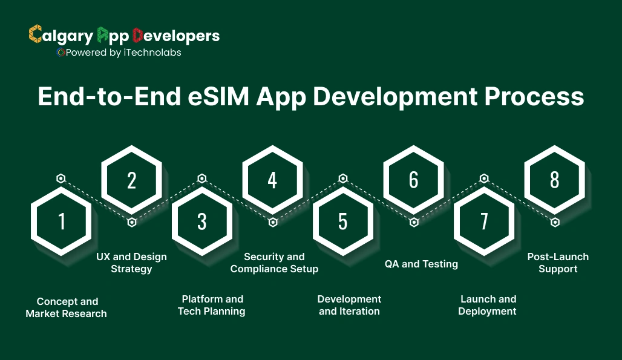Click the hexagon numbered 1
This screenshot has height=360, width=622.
[61, 221]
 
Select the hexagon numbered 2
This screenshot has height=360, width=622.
[131, 180]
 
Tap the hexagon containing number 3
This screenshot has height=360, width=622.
[202, 221]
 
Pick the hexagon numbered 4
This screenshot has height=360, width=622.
[272, 180]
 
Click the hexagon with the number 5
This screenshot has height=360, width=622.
[343, 221]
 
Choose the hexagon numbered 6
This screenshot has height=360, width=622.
[413, 180]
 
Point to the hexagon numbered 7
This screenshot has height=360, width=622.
[484, 221]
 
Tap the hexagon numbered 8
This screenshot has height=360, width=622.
[554, 180]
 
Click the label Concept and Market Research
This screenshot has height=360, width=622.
[67, 307]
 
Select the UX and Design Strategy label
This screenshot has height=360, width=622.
[131, 263]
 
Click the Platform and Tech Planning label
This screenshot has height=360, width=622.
[212, 305]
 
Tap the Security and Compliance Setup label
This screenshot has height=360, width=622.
[274, 263]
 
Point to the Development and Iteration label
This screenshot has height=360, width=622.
[349, 305]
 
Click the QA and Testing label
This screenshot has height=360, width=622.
[421, 264]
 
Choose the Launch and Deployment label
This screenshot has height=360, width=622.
[488, 305]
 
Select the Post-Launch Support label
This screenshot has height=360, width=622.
[558, 263]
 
